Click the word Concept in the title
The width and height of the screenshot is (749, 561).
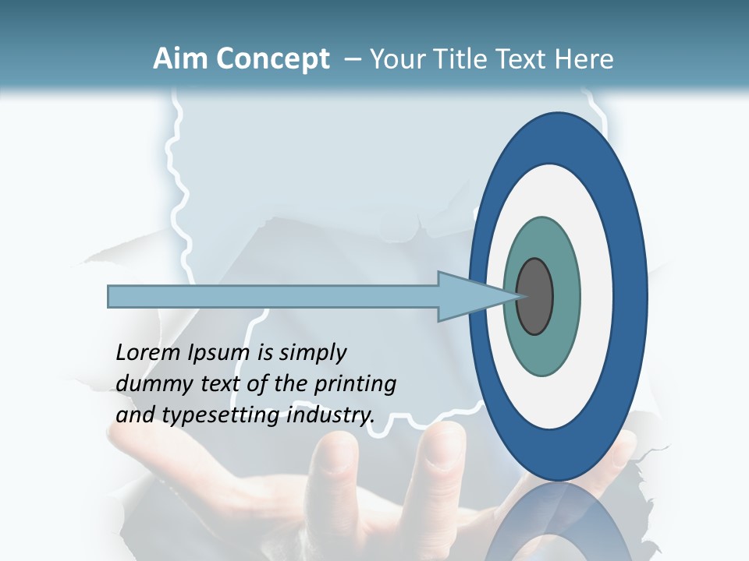tap(272, 59)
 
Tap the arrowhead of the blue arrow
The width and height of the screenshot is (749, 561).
tap(476, 297)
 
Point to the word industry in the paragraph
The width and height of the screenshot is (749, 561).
tap(327, 415)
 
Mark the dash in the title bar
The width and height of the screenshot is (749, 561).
tap(351, 59)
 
